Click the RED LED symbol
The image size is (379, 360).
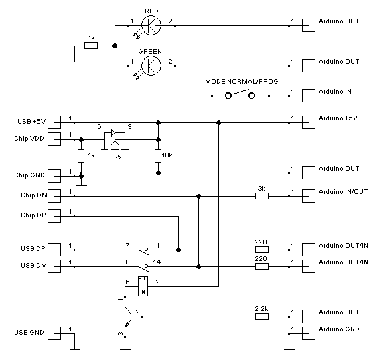pyautogui.click(x=151, y=25)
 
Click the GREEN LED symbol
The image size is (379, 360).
pyautogui.click(x=151, y=66)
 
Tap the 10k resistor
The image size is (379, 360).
pyautogui.click(x=158, y=156)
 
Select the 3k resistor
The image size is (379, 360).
pyautogui.click(x=262, y=196)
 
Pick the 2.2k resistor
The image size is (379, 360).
pyautogui.click(x=262, y=317)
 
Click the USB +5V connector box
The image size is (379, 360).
pyautogui.click(x=54, y=122)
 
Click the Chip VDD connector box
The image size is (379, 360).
pyautogui.click(x=54, y=139)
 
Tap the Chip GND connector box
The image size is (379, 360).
pyautogui.click(x=54, y=176)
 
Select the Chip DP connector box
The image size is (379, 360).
pyautogui.click(x=54, y=216)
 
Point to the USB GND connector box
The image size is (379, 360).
pyautogui.click(x=54, y=333)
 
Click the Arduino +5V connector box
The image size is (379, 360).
pyautogui.click(x=309, y=122)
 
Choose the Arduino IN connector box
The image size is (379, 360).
pyautogui.click(x=309, y=96)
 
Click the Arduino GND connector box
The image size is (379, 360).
pyautogui.click(x=309, y=333)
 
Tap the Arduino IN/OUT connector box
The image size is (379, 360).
pyautogui.click(x=309, y=196)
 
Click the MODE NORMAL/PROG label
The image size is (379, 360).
pyautogui.click(x=242, y=82)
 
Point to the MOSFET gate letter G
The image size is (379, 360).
pyautogui.click(x=119, y=157)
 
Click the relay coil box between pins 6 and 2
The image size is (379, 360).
pyautogui.click(x=143, y=286)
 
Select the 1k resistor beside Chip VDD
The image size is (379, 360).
pyautogui.click(x=81, y=156)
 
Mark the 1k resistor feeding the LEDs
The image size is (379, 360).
pyautogui.click(x=91, y=46)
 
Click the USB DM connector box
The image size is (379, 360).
pyautogui.click(x=54, y=266)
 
